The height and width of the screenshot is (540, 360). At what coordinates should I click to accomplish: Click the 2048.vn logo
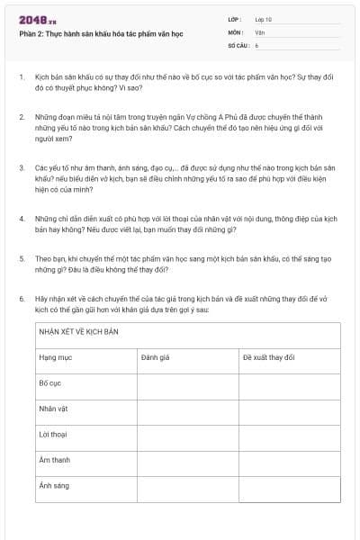click(38, 20)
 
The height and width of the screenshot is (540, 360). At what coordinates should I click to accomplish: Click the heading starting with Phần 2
click(100, 34)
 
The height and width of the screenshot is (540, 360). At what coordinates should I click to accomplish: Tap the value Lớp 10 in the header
click(264, 18)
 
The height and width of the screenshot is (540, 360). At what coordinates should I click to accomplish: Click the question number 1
click(22, 77)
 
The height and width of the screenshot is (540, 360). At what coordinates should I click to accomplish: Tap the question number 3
click(22, 167)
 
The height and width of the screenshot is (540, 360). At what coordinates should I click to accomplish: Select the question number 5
click(22, 257)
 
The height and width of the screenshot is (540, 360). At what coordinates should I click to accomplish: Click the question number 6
click(22, 297)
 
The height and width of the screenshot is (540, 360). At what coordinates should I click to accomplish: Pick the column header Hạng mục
click(55, 357)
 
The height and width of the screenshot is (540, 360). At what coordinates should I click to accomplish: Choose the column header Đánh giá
click(156, 357)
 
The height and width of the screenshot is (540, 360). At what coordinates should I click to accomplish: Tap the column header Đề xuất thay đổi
click(268, 357)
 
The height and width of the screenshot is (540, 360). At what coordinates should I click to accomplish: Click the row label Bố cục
click(49, 382)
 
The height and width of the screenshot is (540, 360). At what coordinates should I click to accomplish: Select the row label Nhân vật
click(53, 409)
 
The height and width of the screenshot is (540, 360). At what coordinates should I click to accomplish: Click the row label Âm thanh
click(54, 460)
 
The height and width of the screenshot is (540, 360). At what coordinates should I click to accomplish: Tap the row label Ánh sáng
click(54, 485)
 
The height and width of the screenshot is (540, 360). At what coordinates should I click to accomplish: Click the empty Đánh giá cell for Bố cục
click(187, 383)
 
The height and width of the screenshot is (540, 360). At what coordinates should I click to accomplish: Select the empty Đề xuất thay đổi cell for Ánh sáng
click(289, 486)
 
